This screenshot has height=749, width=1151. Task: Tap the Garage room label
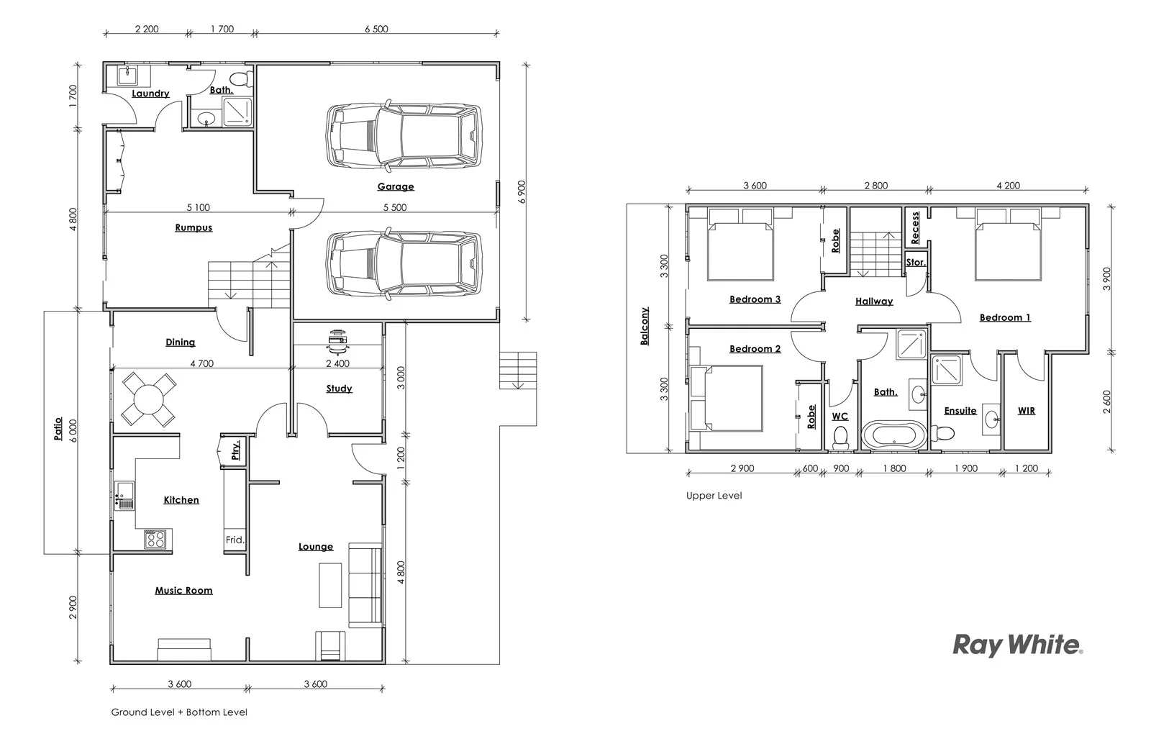(396, 186)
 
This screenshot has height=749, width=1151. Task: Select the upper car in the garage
(404, 136)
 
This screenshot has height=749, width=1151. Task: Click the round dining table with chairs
(147, 398)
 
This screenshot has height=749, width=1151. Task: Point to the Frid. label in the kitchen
(235, 540)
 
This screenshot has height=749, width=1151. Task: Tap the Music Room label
(183, 590)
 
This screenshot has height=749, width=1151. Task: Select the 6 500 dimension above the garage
(376, 29)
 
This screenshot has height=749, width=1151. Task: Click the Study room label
(339, 389)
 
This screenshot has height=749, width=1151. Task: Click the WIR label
(1027, 410)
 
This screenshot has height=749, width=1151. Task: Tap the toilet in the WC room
(840, 437)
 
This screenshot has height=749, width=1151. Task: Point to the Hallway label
(874, 301)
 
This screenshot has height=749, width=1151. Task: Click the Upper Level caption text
(714, 496)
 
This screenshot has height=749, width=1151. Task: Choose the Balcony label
(645, 326)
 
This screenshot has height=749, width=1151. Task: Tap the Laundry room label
(150, 94)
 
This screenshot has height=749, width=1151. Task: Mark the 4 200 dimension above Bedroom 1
(1008, 186)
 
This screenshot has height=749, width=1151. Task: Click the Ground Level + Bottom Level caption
(179, 712)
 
